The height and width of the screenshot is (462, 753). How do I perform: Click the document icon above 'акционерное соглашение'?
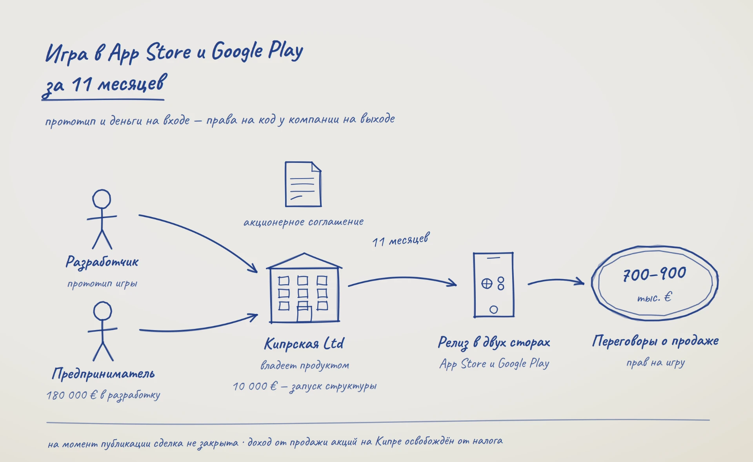(x=303, y=184)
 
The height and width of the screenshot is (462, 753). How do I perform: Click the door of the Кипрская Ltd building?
(x=304, y=314)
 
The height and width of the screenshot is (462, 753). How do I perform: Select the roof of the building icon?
(x=304, y=261)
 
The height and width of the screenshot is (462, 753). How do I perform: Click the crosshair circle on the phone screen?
(x=487, y=283)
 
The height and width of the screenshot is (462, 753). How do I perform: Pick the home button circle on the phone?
(x=494, y=310)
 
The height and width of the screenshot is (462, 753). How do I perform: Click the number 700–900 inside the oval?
(x=655, y=274)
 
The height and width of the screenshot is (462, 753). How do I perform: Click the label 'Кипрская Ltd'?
(x=304, y=343)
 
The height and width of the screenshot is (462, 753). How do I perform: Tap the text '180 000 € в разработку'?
(x=103, y=395)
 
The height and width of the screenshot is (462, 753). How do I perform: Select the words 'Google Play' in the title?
(x=257, y=51)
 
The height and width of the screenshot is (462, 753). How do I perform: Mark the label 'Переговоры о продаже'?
(x=655, y=341)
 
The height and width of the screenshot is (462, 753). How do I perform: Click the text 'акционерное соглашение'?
(x=304, y=222)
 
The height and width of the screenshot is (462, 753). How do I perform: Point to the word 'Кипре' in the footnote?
(x=388, y=442)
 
